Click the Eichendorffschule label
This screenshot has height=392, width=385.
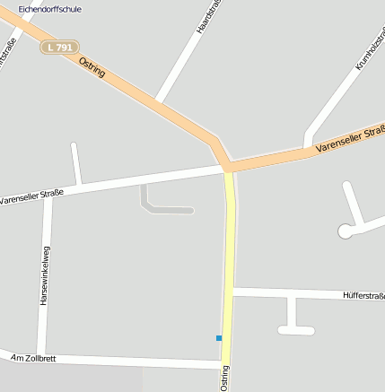(x=50, y=9)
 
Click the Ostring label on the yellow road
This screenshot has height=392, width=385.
(x=224, y=377)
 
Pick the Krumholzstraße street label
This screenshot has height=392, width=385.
(x=369, y=49)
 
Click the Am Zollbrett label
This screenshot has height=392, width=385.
(x=33, y=358)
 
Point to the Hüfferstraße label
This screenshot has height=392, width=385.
(x=363, y=295)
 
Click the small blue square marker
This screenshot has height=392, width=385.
(x=218, y=338)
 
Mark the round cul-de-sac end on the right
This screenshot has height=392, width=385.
(x=345, y=231)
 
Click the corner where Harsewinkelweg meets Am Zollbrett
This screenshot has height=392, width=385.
(x=41, y=353)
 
